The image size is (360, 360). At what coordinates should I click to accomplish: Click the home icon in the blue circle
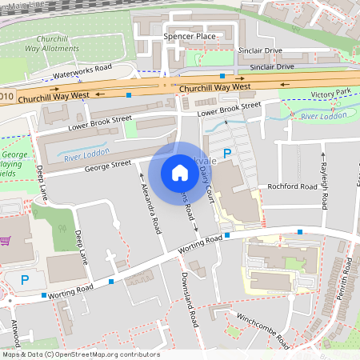179,173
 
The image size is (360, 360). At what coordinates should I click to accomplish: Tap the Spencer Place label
189,37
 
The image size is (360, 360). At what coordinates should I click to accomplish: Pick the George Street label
107,165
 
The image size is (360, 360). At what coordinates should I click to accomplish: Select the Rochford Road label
293,186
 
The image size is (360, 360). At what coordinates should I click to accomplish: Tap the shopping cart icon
6,241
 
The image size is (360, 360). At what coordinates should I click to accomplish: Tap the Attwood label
17,330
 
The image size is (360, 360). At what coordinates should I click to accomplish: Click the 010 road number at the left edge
7,97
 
